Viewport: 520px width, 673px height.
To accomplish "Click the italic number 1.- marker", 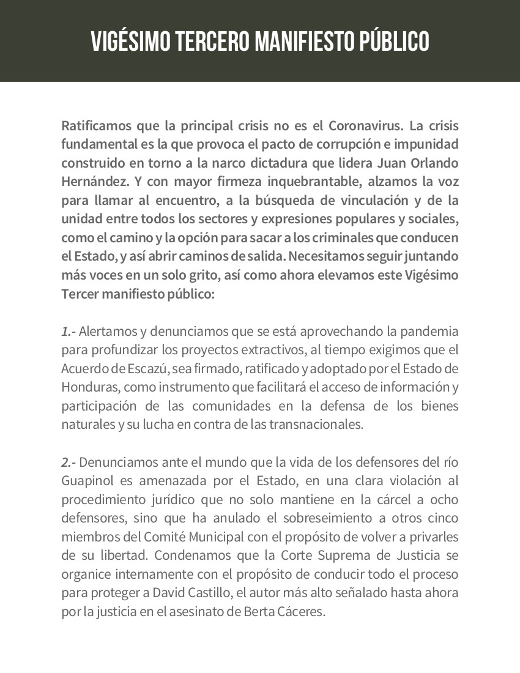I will tap(69, 332).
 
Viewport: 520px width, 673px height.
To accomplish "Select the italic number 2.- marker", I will tap(69, 463).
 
